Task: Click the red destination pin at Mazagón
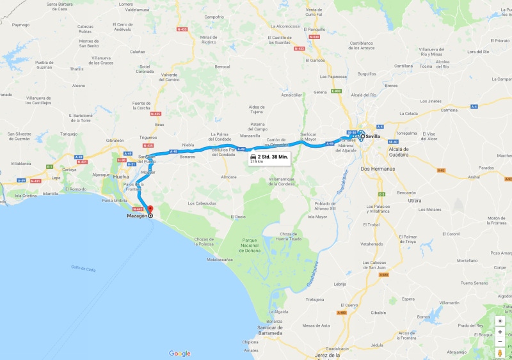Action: (150, 209)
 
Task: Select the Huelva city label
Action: (120, 176)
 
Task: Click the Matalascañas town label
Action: (220, 260)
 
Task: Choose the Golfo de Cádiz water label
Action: (84, 269)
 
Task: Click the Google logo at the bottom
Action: (180, 353)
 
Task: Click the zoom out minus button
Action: (500, 341)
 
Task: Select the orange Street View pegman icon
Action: (500, 353)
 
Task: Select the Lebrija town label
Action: (340, 284)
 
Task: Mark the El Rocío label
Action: (239, 217)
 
